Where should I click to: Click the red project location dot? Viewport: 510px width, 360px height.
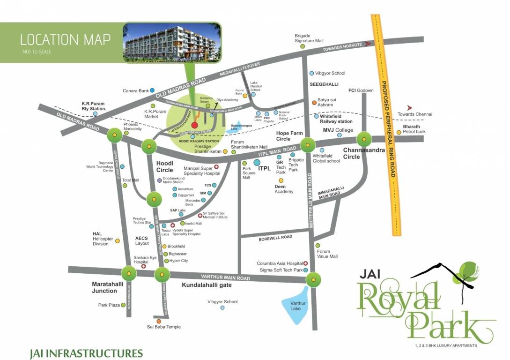click(194, 125)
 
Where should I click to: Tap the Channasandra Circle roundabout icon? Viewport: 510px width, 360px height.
click(364, 139)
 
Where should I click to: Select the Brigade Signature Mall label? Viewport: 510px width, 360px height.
click(309, 38)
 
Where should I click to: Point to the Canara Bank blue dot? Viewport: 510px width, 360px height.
click(152, 90)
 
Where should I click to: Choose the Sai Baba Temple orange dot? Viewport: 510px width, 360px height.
click(159, 321)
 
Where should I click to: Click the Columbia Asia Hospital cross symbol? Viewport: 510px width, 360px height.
click(305, 263)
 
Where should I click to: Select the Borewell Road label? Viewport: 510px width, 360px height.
click(275, 238)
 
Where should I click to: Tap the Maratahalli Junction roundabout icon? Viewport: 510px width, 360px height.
click(129, 273)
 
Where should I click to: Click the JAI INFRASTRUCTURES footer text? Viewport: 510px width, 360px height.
click(86, 352)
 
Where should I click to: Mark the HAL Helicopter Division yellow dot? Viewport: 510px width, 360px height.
click(118, 241)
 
